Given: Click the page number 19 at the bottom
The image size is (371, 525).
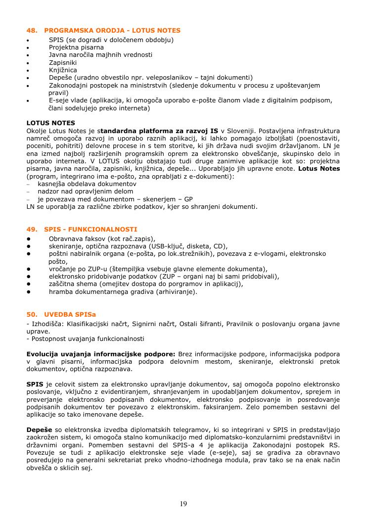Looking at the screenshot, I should [x=184, y=504].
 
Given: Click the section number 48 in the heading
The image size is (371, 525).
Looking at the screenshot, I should [x=31, y=31].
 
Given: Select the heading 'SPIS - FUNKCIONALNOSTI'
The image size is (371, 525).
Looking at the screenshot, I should [x=91, y=230].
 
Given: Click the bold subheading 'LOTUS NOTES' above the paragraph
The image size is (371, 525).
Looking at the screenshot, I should [x=50, y=123].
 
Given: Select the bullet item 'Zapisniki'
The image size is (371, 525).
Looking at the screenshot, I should [x=63, y=62].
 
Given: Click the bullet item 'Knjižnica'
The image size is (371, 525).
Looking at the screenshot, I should [x=63, y=70].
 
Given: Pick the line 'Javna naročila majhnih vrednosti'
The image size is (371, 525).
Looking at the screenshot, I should [x=100, y=55].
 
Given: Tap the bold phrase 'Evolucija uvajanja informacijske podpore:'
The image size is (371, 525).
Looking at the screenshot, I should [x=101, y=354].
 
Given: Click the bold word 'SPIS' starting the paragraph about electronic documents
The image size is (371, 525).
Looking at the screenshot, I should [x=35, y=384].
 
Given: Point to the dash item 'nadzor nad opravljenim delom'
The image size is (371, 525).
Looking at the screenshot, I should [x=85, y=191].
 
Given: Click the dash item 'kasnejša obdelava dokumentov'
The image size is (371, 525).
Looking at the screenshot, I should [x=87, y=184].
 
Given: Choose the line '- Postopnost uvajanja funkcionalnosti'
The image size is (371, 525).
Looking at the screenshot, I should [x=85, y=339].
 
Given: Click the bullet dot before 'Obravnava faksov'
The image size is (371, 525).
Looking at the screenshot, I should [x=29, y=239].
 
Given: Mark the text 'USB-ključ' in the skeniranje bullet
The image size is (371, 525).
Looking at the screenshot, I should [x=167, y=246].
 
